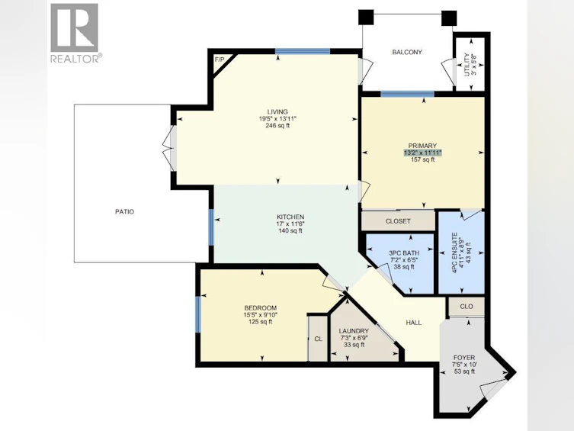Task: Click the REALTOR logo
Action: [75, 33]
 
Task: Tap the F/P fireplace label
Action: [220, 60]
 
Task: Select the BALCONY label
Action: [407, 53]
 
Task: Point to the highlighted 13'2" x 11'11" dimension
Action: [423, 153]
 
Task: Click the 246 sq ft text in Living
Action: [277, 126]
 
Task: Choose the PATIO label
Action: [124, 211]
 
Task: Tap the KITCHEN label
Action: [290, 217]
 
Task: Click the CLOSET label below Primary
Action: [398, 221]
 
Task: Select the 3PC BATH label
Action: [404, 253]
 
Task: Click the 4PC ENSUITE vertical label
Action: [454, 252]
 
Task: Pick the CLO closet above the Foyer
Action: [467, 307]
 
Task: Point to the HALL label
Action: [414, 323]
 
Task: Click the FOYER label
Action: [464, 358]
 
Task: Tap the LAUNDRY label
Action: [354, 331]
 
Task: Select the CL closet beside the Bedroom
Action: [319, 339]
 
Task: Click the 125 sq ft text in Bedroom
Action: [260, 322]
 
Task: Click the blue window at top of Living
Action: [303, 51]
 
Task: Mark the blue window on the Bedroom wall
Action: [198, 314]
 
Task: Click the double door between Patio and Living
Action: [170, 148]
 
